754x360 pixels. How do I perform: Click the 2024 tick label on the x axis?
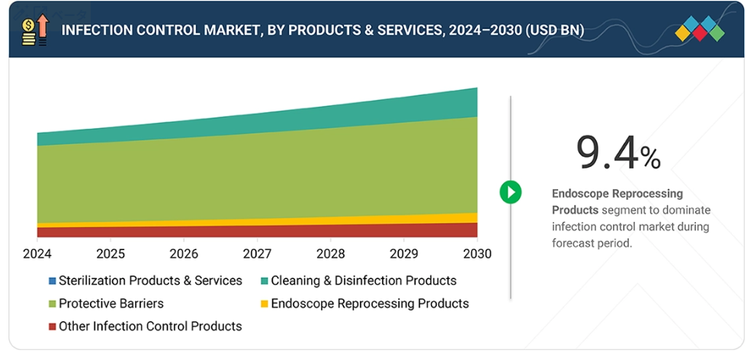[x=37, y=253]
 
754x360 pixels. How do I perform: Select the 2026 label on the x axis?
[x=184, y=253]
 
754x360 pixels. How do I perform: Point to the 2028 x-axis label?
[x=331, y=253]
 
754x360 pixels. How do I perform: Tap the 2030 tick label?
[x=477, y=253]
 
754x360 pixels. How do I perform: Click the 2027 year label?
[x=258, y=253]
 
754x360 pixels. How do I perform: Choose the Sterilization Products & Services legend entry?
[x=150, y=281]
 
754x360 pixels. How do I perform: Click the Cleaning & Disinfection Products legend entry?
[x=364, y=281]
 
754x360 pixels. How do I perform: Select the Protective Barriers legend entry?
[x=111, y=304]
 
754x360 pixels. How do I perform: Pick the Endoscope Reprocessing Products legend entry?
[x=370, y=304]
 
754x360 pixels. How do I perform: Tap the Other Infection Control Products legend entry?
[x=150, y=326]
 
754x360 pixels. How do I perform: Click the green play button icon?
[x=510, y=191]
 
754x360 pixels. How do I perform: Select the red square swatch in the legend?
[x=52, y=327]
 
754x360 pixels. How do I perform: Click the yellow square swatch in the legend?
[x=265, y=304]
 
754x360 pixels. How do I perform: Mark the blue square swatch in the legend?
[x=52, y=281]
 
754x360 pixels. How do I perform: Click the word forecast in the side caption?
[x=572, y=243]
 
